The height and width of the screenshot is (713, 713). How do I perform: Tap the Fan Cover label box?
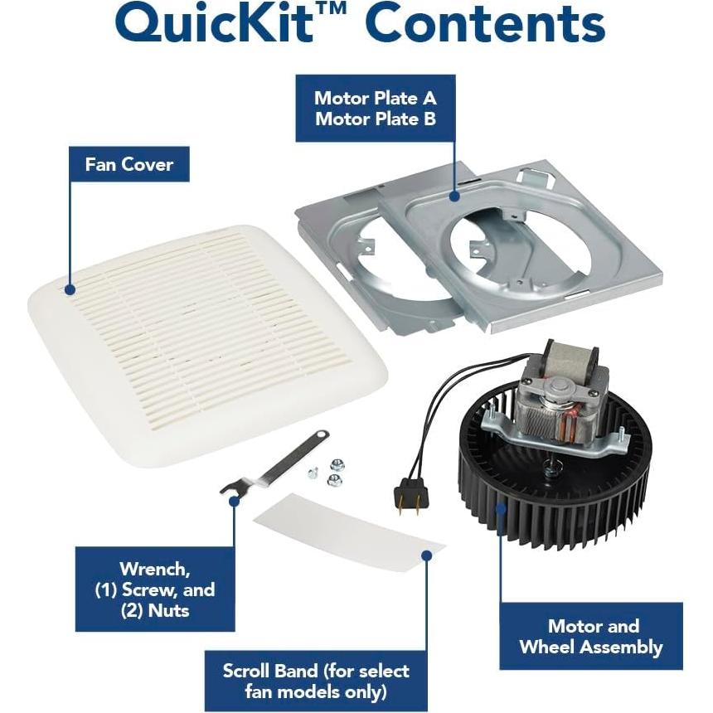pyautogui.click(x=129, y=164)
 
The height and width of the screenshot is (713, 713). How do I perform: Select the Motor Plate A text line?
pyautogui.click(x=375, y=98)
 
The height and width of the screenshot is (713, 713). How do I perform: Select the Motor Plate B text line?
pyautogui.click(x=375, y=119)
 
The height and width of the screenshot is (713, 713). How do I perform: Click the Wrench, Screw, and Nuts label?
pyautogui.click(x=155, y=589)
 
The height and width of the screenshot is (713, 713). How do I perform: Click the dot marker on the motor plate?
pyautogui.click(x=454, y=196)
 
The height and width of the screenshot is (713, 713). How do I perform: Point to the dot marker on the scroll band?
pyautogui.click(x=426, y=555)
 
